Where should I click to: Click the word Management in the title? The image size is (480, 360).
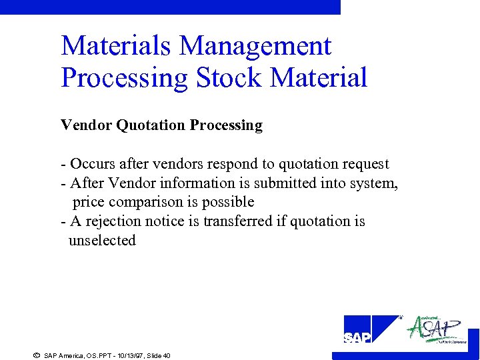point(255,47)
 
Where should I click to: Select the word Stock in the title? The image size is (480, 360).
point(225,77)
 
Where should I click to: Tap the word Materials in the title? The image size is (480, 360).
point(117,46)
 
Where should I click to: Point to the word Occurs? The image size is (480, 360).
point(93,164)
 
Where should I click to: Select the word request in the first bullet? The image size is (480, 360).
point(366,164)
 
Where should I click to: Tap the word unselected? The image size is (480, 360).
point(102,240)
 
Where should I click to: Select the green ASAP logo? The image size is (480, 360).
point(436,329)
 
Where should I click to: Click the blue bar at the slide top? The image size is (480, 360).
point(170,7)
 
